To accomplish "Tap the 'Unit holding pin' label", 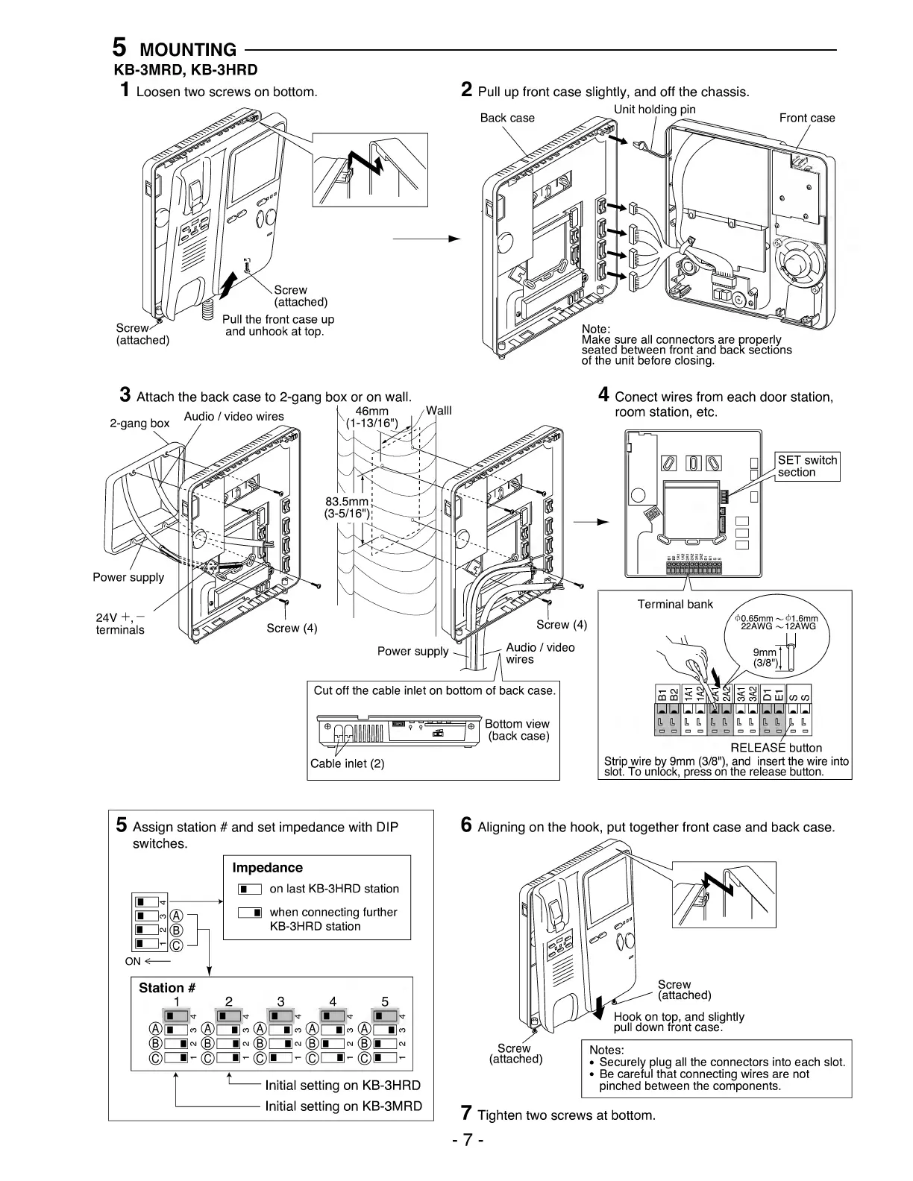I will [654, 110].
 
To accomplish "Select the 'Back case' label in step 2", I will [507, 118].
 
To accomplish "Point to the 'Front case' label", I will [807, 118].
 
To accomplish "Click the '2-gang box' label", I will [139, 423].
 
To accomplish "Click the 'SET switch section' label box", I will [807, 466].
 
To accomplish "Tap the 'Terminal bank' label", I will [674, 604].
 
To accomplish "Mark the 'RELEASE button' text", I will [776, 748].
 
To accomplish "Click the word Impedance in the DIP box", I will [267, 868].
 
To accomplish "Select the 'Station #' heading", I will [167, 988].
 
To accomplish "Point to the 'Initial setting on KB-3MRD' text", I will [343, 1106].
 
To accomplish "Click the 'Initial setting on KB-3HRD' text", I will [343, 1085].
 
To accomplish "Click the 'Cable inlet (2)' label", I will [347, 763].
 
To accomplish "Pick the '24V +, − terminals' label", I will [120, 623].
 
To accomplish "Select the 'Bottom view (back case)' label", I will [517, 730].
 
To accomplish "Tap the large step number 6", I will [466, 825].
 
